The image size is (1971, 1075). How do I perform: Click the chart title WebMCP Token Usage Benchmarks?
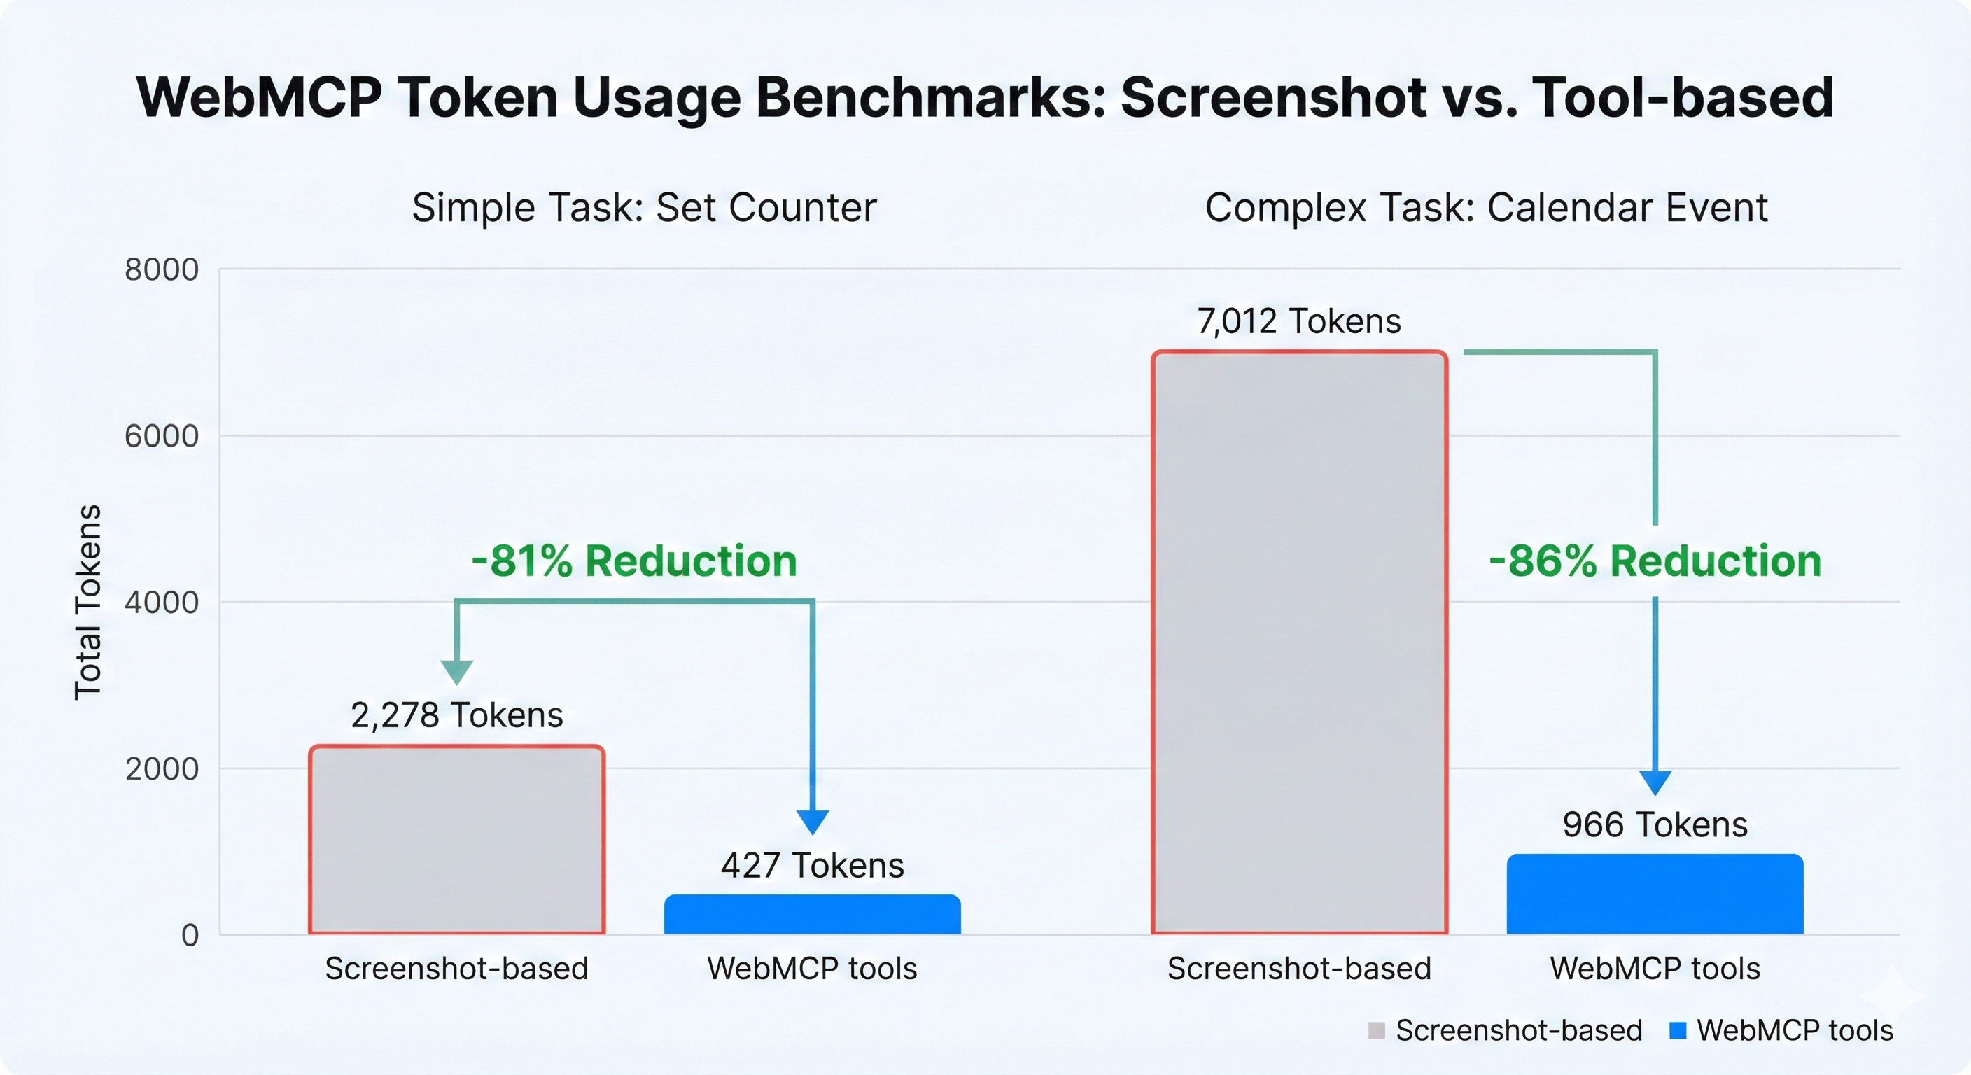coord(985,98)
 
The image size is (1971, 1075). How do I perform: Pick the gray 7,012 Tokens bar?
coord(1299,642)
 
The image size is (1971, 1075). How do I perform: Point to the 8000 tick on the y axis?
coord(162,269)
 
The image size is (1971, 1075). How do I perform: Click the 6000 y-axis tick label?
coord(162,436)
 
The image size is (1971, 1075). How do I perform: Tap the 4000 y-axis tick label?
coord(162,602)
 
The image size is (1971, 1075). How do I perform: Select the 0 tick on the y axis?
coord(190,935)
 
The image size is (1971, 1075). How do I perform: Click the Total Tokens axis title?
coord(88,601)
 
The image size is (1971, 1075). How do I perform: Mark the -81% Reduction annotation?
coord(633,561)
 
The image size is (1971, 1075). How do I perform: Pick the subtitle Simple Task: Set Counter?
coord(644,207)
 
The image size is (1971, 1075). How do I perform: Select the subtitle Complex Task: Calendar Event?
coord(1486,207)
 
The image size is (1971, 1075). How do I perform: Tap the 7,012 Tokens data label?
coord(1299,321)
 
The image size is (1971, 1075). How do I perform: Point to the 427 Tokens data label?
coord(812,865)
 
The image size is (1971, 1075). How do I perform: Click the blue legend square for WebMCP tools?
coord(1678,1031)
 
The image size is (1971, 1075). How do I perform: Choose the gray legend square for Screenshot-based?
coord(1377,1031)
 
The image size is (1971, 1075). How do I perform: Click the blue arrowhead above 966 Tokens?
coord(1655,782)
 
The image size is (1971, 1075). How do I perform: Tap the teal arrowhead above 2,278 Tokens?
coord(457,671)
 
